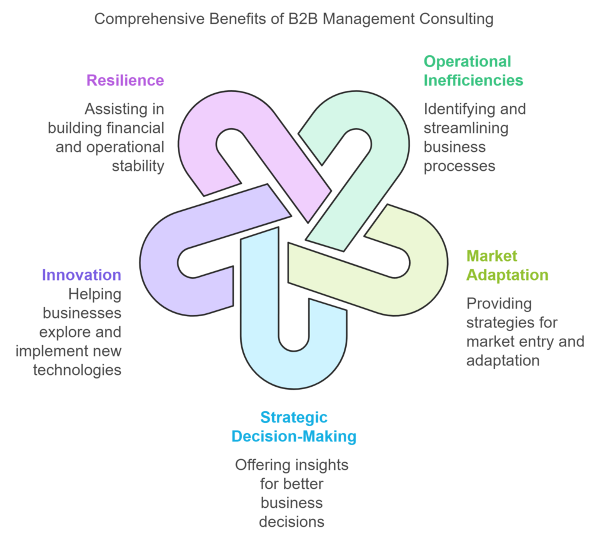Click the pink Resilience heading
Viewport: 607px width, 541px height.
(x=125, y=80)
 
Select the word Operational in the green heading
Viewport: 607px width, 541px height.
(x=467, y=61)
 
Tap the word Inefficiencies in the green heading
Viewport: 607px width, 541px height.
(x=473, y=80)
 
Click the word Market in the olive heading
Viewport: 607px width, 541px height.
(x=491, y=256)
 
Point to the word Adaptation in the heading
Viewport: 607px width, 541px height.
(x=507, y=275)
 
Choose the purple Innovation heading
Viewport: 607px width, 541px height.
(x=81, y=275)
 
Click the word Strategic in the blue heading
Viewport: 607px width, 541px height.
(x=293, y=417)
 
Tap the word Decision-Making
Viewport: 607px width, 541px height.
(x=293, y=437)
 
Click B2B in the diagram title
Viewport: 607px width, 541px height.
(x=287, y=19)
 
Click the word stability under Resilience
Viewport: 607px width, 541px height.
(x=138, y=166)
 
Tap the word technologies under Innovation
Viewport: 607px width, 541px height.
(x=77, y=370)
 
